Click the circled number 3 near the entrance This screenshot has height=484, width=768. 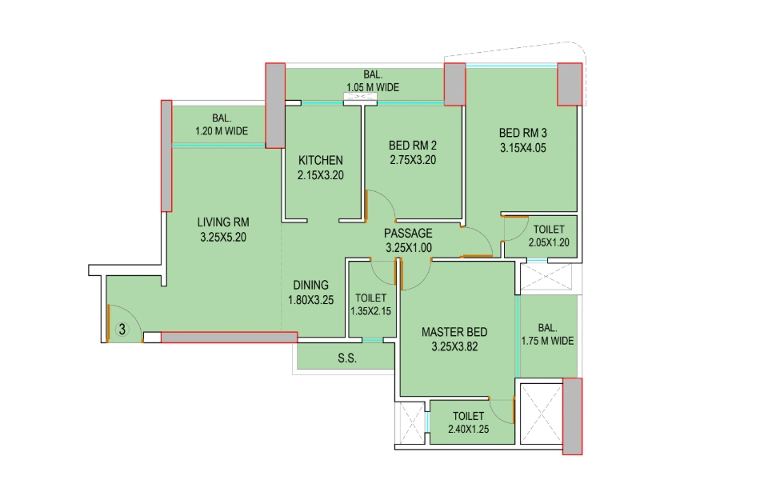tap(122, 328)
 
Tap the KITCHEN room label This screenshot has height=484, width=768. tap(320, 160)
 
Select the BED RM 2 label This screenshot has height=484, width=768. tap(413, 146)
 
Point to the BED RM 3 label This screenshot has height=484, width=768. tap(523, 133)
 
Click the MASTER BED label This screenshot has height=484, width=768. tap(454, 332)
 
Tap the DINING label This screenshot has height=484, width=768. tap(310, 285)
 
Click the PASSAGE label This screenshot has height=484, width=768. tap(408, 234)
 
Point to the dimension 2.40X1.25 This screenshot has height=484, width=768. tap(468, 430)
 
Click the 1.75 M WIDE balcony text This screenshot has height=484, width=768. tap(548, 341)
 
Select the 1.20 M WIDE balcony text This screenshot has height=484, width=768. tap(221, 131)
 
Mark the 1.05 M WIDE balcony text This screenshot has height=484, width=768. tap(373, 88)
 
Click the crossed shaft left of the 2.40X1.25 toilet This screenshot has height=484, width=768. tap(413, 422)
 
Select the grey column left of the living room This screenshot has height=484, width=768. tap(166, 156)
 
